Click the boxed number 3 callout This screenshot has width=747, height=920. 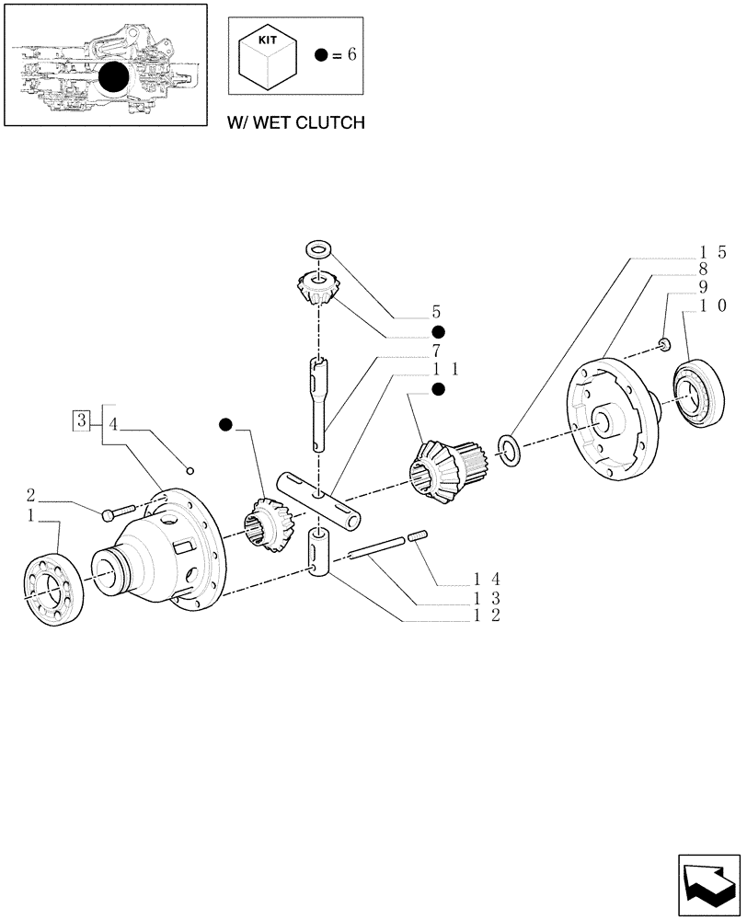[83, 422]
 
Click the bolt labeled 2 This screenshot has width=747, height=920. [123, 508]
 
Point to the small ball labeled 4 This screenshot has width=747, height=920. [190, 465]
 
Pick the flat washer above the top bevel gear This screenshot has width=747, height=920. [319, 248]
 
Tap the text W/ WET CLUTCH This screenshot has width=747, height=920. [295, 121]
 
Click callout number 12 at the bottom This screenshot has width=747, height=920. [488, 615]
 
